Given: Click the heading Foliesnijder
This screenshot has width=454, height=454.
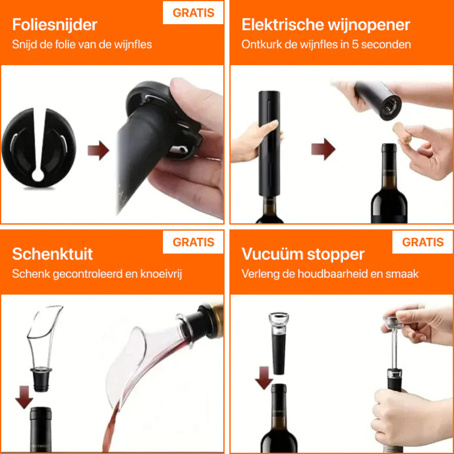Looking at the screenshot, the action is click(x=55, y=25).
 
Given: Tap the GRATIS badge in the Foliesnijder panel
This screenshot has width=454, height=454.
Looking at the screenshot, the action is click(x=193, y=13).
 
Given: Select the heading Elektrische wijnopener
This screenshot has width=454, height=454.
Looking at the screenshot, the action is click(x=326, y=25).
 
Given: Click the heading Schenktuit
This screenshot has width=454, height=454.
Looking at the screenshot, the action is click(x=53, y=254).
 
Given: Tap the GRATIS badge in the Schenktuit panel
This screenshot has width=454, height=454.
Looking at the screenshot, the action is click(x=193, y=242).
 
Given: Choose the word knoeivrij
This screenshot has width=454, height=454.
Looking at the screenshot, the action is click(x=161, y=274).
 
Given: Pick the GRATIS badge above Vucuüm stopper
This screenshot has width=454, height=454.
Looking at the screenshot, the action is click(x=423, y=242).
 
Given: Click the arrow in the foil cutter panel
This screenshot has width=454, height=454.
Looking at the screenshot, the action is click(x=98, y=150).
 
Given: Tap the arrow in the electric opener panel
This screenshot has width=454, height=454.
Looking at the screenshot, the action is click(x=323, y=149).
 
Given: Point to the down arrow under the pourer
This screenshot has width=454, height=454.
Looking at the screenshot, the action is click(x=24, y=397).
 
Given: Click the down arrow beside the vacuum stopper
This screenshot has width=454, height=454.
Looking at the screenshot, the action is click(x=263, y=378).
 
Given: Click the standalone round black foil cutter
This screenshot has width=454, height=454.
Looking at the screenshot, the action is click(x=39, y=148).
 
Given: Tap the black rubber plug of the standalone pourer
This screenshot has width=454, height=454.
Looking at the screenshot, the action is click(x=41, y=379).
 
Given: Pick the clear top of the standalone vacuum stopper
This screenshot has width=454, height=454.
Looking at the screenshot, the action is click(x=278, y=321).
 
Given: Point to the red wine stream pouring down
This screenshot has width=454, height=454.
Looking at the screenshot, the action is click(x=112, y=426).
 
